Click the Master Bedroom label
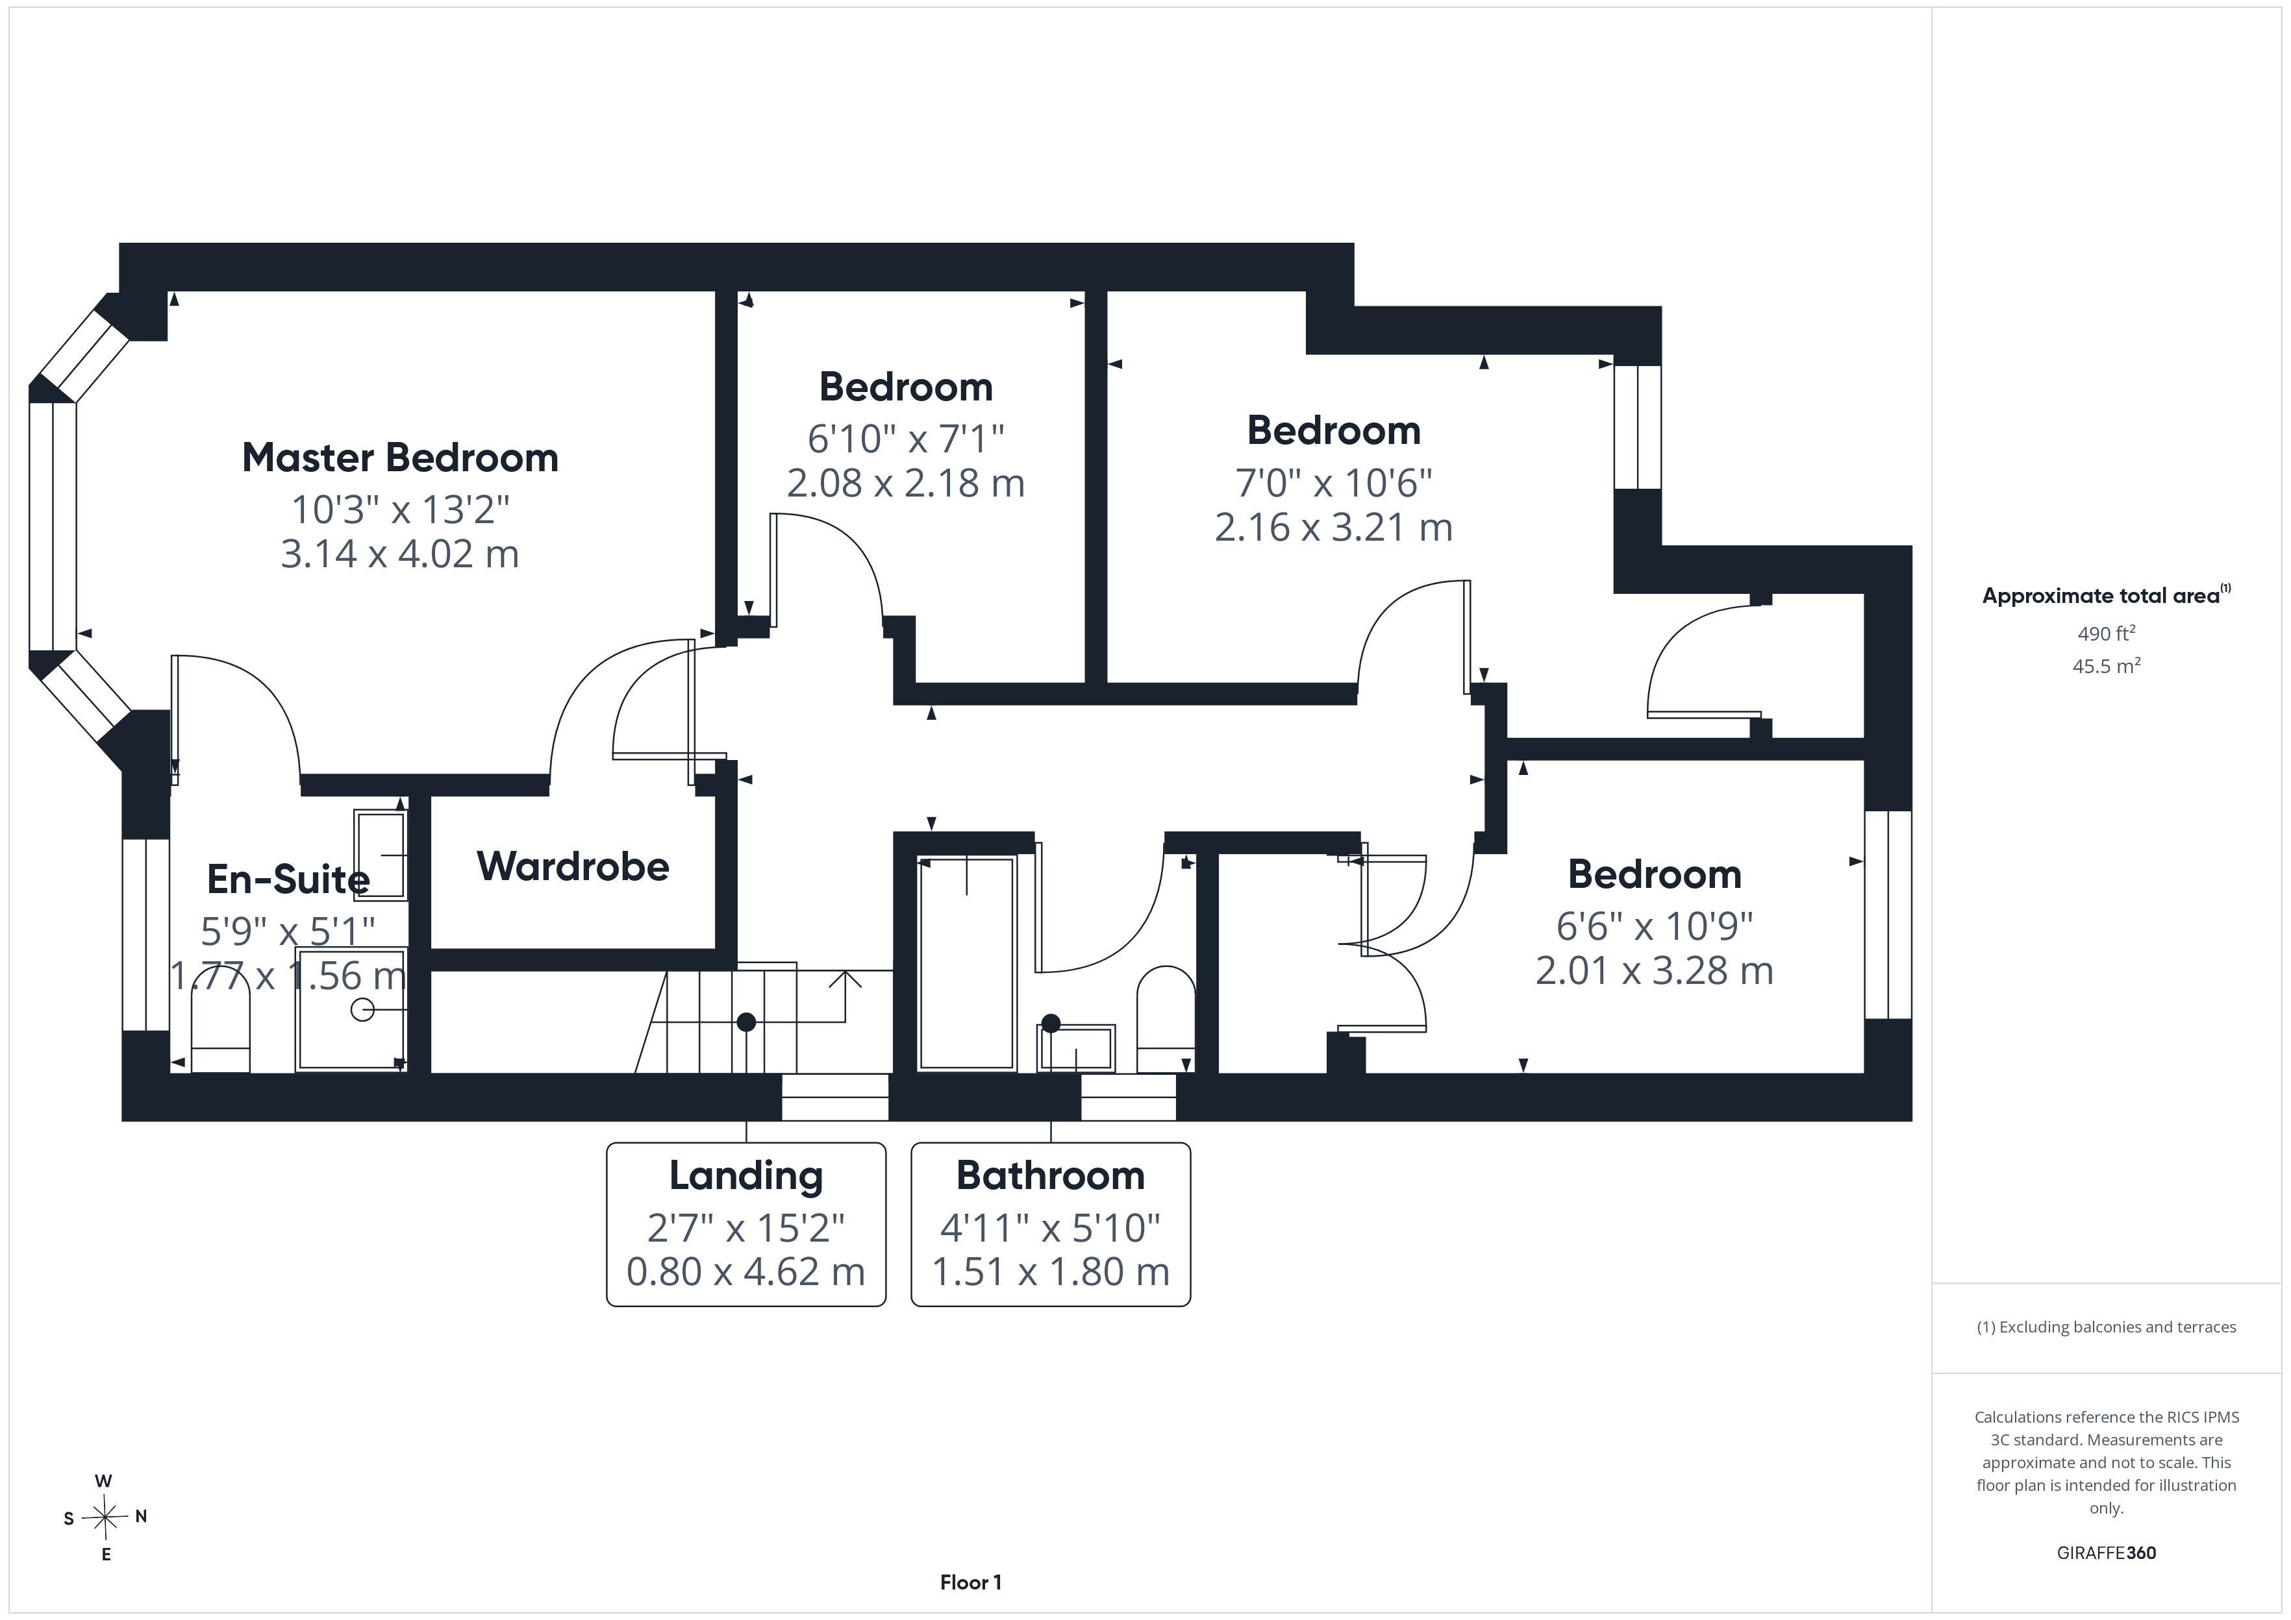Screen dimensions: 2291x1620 click(400, 458)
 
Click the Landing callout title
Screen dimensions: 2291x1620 click(746, 1175)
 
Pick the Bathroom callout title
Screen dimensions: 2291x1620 click(1051, 1175)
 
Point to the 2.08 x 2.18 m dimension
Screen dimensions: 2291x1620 click(906, 483)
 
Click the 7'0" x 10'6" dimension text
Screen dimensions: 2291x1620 click(1334, 483)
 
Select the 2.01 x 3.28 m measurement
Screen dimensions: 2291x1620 click(1655, 970)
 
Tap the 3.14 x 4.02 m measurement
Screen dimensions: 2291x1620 click(400, 554)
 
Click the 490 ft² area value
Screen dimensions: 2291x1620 click(2107, 633)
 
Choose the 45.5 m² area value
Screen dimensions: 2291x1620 click(2107, 665)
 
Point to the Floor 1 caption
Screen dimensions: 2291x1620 click(971, 1582)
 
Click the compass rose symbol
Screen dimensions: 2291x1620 click(105, 1518)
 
